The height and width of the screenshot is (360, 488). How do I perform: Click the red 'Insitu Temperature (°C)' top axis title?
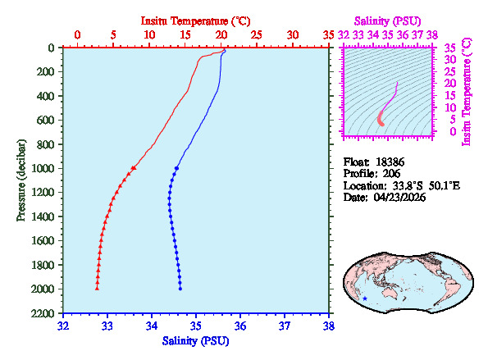pos(196,19)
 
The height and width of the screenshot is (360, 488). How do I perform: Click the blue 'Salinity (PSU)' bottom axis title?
pos(196,340)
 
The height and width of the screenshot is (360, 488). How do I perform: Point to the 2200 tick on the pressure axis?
pos(45,314)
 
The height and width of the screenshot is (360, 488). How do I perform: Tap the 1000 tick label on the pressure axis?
pos(45,169)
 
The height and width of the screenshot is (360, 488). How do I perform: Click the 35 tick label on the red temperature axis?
pos(328,35)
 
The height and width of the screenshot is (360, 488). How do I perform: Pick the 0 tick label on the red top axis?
pos(78,35)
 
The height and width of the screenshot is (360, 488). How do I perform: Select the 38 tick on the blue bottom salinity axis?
pos(328,326)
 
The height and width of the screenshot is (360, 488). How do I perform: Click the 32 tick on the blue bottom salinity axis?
pos(64,326)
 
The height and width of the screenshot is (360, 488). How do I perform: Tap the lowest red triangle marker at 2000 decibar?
pos(97,288)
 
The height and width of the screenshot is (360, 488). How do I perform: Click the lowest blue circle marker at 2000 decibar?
pos(180,288)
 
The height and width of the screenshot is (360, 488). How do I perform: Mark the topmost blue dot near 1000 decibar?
pos(176,167)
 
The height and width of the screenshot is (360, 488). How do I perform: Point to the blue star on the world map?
pos(365,298)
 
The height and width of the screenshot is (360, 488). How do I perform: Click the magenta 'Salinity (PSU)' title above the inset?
pos(387,20)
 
